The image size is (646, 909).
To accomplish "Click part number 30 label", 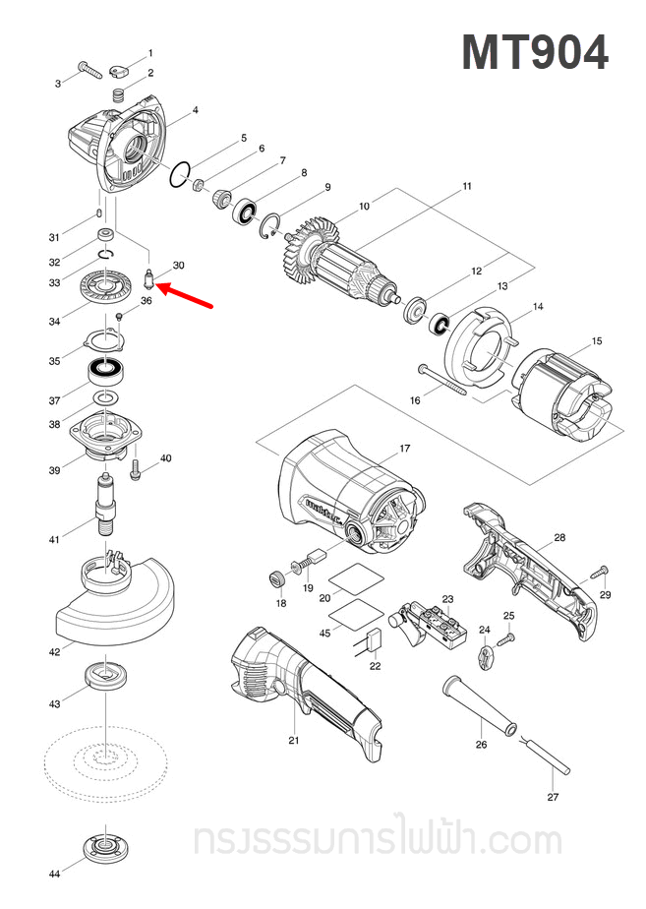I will (x=178, y=266).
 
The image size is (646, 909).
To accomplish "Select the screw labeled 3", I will (x=91, y=71).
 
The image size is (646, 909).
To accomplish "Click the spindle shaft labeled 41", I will (x=104, y=502).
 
